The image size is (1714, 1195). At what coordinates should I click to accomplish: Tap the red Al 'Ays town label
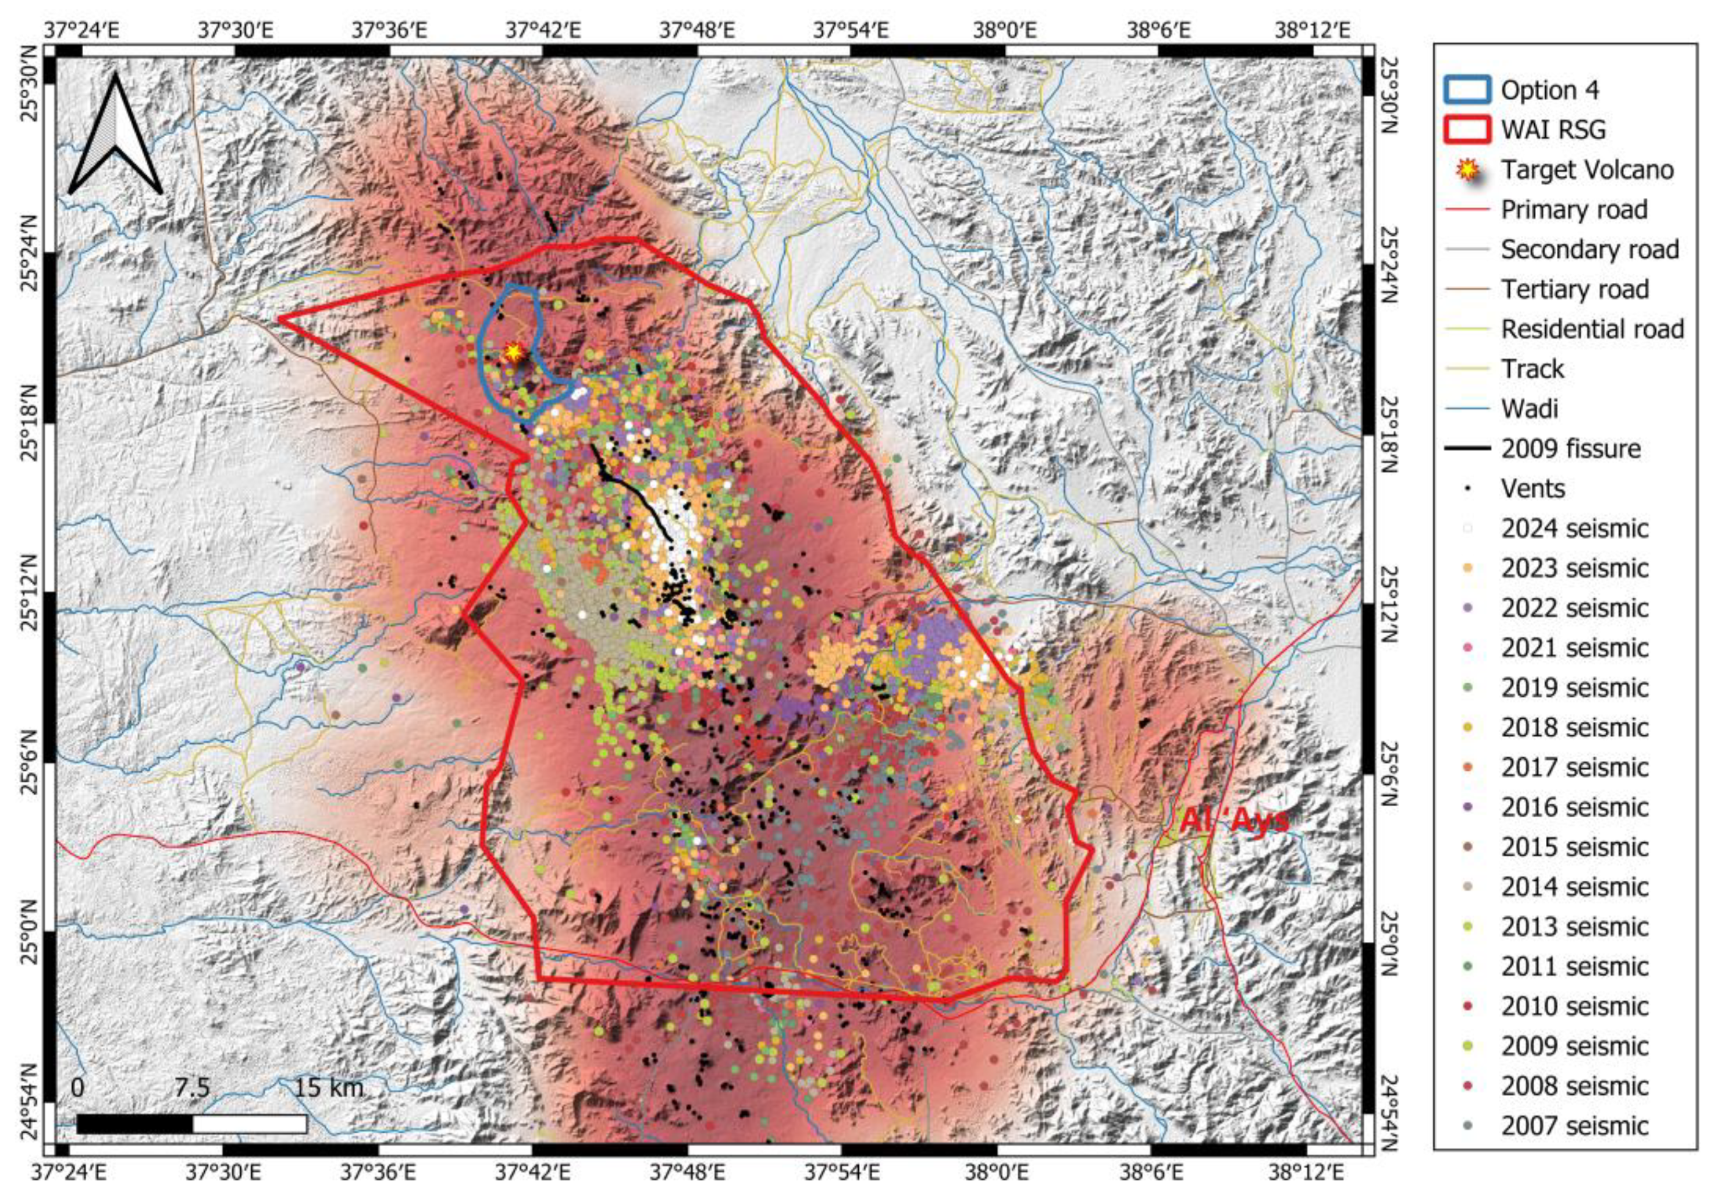(1234, 820)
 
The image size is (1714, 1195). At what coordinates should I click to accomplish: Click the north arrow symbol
(116, 136)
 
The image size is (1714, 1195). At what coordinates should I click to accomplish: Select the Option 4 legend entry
(1549, 90)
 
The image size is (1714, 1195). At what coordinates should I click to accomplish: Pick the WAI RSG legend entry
(1553, 130)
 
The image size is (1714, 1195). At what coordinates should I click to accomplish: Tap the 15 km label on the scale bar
(329, 1087)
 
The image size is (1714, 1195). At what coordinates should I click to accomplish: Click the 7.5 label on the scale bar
(192, 1087)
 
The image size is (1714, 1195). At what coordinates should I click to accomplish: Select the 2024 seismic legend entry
(1574, 529)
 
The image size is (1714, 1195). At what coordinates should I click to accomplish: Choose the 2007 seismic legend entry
(1574, 1126)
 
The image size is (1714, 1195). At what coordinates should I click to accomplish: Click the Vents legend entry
(1532, 488)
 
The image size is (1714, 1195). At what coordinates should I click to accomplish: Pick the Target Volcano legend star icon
(1467, 171)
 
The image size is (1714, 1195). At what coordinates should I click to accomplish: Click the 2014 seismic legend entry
(1574, 887)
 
